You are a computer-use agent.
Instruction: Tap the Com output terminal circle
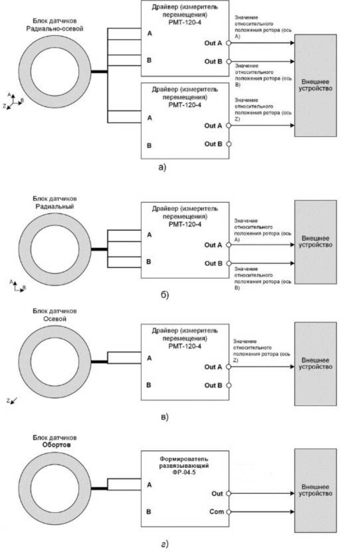pos(229,512)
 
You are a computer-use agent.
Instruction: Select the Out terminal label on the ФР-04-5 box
pos(217,494)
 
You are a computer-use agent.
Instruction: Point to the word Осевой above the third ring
pos(54,319)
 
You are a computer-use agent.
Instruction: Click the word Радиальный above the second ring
pos(54,207)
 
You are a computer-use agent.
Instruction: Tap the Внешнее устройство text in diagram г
pos(315,490)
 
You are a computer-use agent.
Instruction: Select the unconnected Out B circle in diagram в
pos(229,385)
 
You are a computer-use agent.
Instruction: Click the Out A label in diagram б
pos(213,245)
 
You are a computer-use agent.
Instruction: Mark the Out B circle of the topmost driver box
pos(229,61)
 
